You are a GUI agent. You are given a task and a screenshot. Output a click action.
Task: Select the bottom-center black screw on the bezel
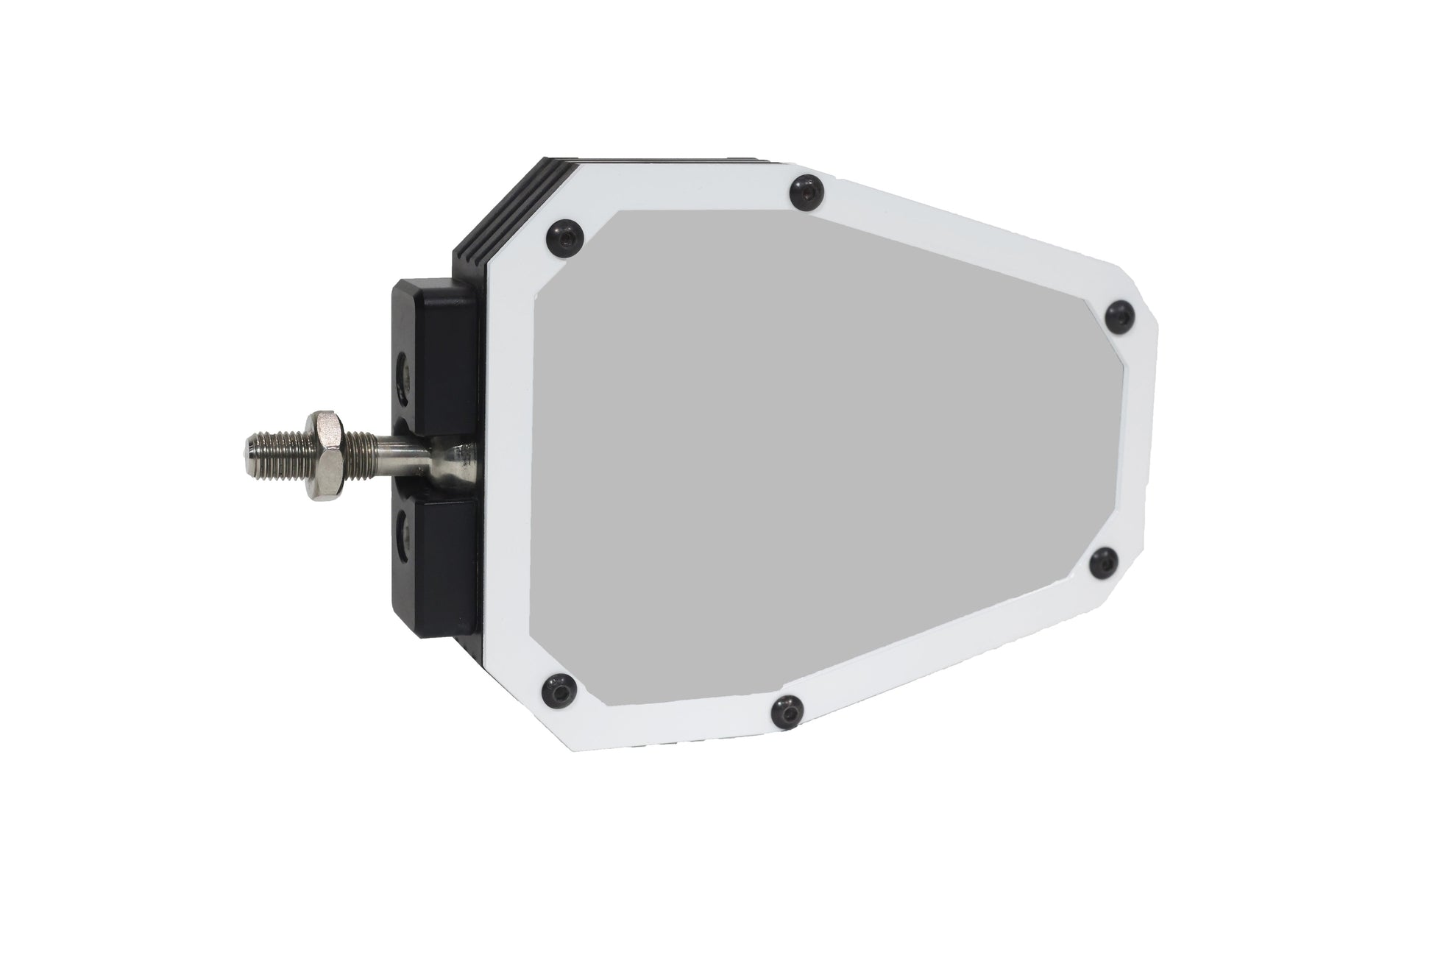pyautogui.click(x=787, y=712)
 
